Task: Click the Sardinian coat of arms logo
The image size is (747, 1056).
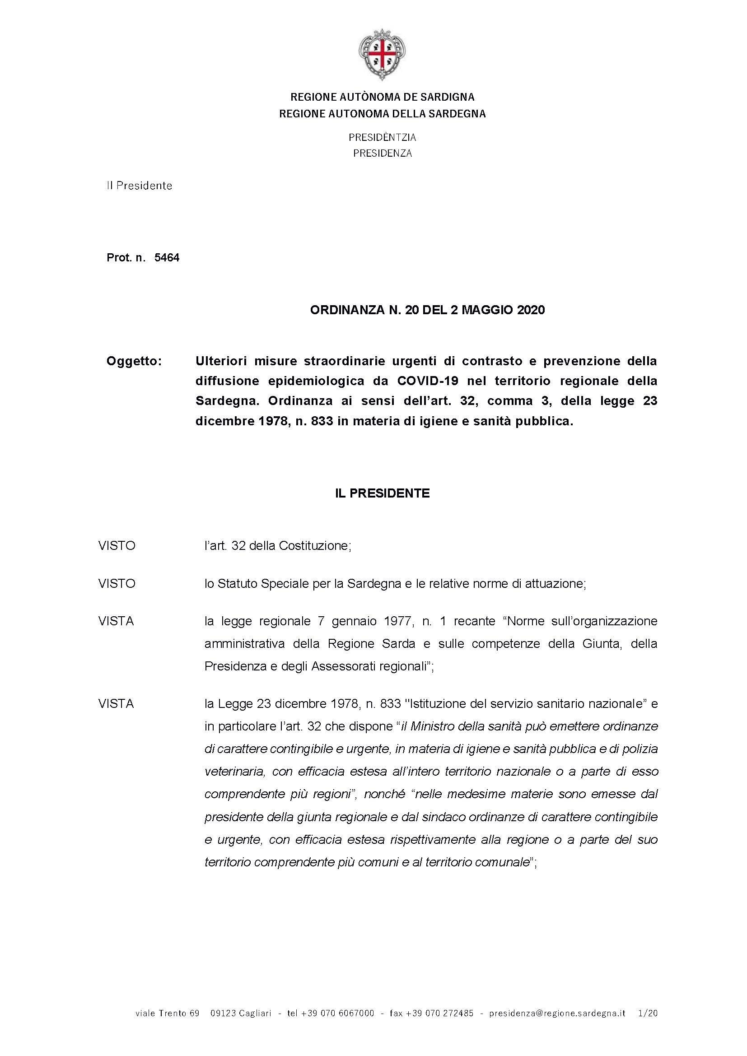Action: coord(382,55)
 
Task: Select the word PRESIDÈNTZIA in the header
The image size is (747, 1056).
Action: coord(382,137)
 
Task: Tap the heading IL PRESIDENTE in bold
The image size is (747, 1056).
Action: coord(382,493)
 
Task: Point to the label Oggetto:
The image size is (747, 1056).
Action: coord(134,361)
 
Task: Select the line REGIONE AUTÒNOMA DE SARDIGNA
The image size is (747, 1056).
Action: coord(382,97)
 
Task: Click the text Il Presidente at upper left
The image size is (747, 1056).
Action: coord(140,186)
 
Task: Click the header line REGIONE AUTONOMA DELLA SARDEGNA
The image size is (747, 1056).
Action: coord(382,114)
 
